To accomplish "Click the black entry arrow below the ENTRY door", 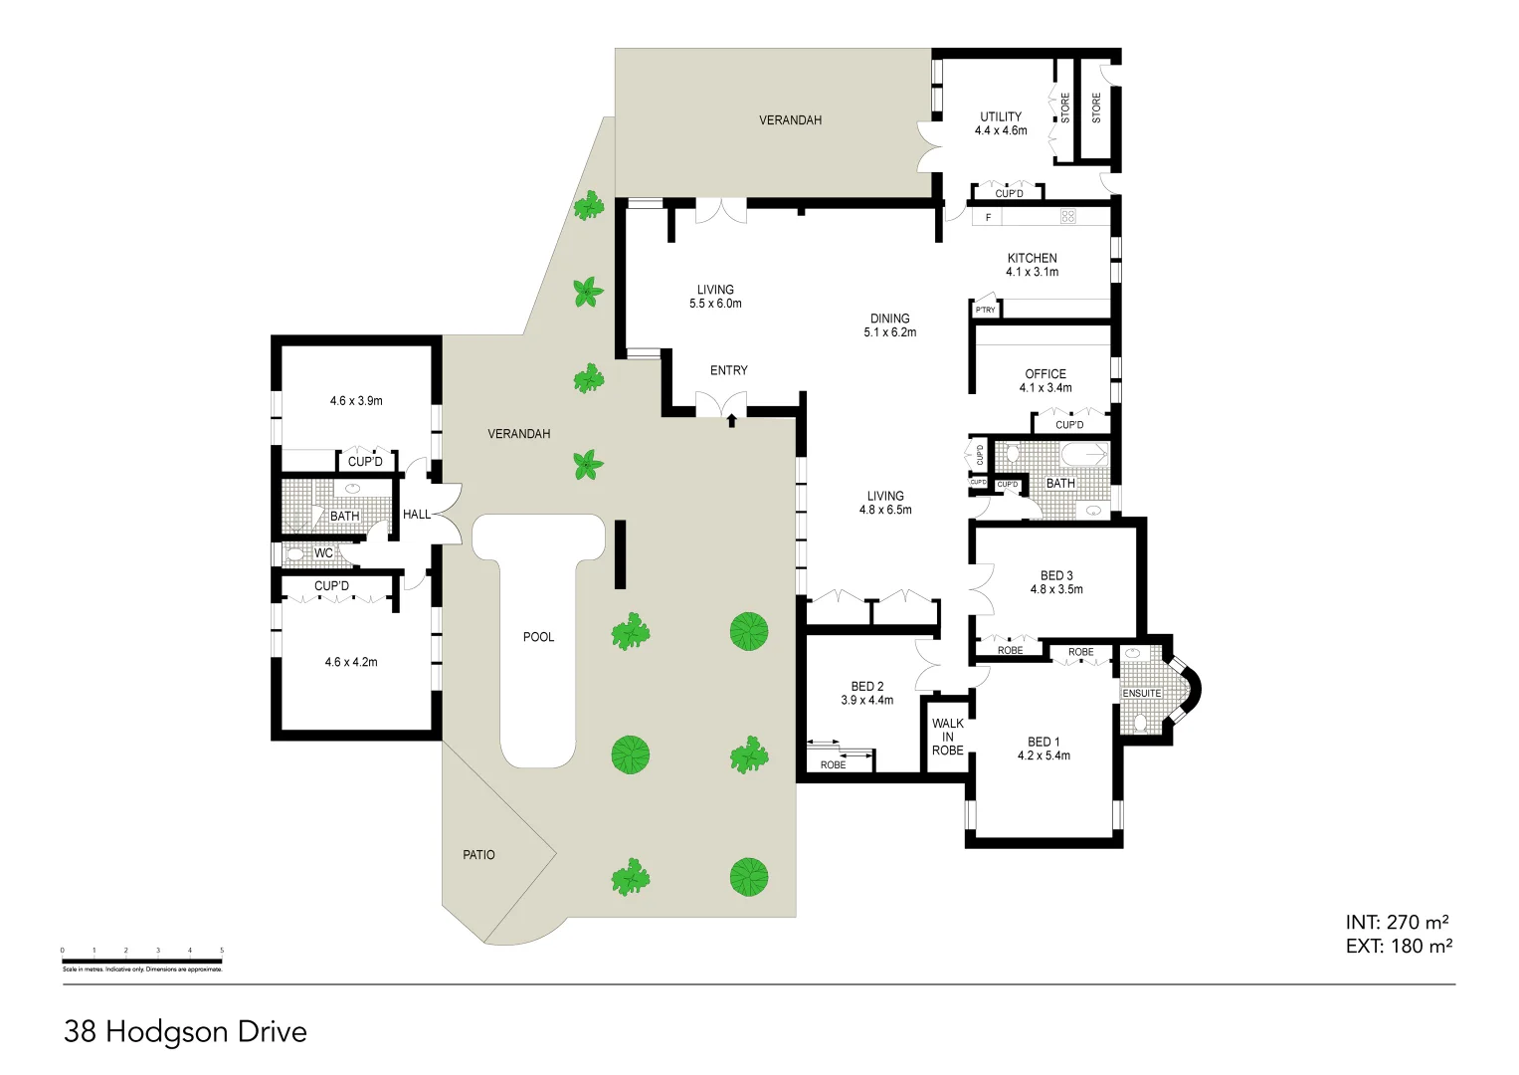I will [732, 421].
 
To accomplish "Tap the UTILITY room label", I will [1000, 116].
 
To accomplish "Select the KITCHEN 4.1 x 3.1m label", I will [1032, 265].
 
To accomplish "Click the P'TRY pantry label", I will [985, 311].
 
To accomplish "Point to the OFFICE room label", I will [1044, 374].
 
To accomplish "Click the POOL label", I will [538, 637].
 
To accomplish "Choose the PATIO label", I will [478, 855].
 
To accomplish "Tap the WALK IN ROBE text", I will [947, 738].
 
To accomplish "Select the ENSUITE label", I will [1141, 694].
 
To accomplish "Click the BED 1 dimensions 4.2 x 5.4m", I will [1044, 756].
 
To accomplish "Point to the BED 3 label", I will [1055, 575].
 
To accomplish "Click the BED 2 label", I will [866, 687].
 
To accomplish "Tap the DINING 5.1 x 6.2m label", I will [889, 325].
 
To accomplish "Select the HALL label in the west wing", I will [417, 515].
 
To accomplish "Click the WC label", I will [323, 553].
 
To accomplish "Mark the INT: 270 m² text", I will [1397, 923].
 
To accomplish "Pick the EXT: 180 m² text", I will [1398, 947].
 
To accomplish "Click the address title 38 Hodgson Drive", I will [185, 1032].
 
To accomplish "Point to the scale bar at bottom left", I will [141, 962].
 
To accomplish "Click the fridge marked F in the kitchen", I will [988, 217].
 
